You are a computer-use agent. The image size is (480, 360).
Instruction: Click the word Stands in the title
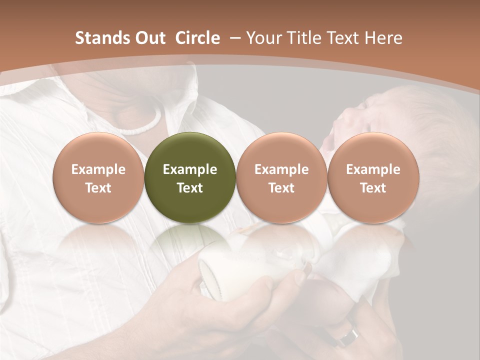coord(98,38)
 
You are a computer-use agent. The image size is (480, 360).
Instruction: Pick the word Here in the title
coord(383,38)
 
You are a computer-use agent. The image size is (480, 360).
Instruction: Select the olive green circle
coord(190,177)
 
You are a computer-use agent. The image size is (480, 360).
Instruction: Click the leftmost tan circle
coord(98,177)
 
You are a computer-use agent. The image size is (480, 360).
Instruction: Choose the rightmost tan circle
coord(373,177)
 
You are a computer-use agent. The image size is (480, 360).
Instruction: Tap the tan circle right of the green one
coord(281,177)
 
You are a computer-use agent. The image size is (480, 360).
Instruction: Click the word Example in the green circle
coord(190,169)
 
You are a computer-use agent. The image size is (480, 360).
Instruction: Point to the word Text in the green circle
coord(190,188)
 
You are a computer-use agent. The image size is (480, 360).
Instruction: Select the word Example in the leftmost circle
coord(98,169)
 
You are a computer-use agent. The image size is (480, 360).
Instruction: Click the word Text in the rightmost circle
coord(373,188)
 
